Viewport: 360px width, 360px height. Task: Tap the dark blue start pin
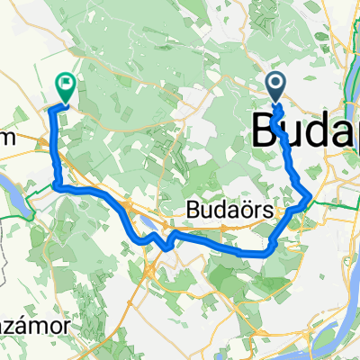tap(276, 86)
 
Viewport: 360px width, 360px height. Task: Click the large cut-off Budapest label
tap(306, 131)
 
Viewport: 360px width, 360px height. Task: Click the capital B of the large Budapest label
tap(267, 131)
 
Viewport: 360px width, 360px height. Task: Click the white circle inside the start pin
tap(276, 84)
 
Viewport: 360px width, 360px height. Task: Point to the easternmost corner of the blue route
tap(310, 195)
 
